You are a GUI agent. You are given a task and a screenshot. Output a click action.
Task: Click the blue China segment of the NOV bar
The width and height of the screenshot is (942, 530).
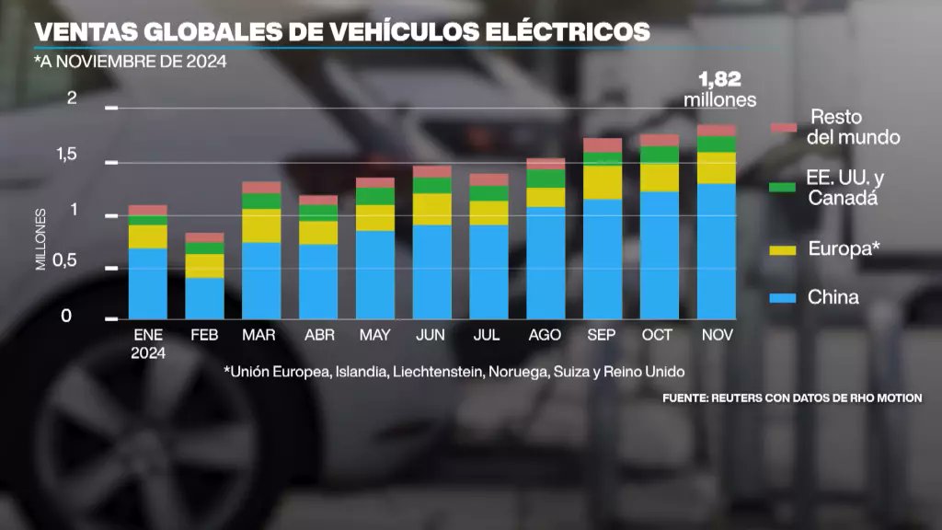tap(717, 250)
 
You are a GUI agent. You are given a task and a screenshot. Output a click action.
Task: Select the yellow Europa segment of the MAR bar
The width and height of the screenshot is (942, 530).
tap(261, 225)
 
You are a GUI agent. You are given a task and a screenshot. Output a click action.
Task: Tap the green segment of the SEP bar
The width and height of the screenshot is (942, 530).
tap(603, 158)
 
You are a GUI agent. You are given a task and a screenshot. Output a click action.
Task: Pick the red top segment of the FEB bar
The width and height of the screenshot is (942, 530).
tap(204, 237)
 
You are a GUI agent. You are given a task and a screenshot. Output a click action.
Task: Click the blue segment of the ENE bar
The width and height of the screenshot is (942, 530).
tap(147, 282)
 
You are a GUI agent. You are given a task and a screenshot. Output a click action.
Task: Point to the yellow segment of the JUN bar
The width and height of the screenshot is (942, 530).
tap(431, 209)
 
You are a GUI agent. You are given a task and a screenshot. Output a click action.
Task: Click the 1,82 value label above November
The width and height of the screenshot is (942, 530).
tap(719, 80)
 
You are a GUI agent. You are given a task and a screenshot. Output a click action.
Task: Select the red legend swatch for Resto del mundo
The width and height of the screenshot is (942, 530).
tap(783, 128)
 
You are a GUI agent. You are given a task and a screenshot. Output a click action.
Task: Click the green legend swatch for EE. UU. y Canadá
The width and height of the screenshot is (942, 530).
tap(783, 187)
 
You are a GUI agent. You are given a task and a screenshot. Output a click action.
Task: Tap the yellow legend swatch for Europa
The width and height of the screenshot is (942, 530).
tap(783, 248)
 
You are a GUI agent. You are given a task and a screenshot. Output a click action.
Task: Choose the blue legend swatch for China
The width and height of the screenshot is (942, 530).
tap(783, 298)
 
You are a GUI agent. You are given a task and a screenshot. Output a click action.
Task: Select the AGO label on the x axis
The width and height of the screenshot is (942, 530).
tap(545, 336)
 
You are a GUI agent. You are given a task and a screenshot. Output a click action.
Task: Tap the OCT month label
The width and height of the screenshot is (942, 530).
tap(659, 336)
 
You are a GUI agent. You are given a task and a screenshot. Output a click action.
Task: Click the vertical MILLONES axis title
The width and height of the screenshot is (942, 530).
tap(41, 239)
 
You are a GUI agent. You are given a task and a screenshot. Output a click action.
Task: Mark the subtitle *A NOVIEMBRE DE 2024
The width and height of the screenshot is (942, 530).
tap(130, 63)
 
